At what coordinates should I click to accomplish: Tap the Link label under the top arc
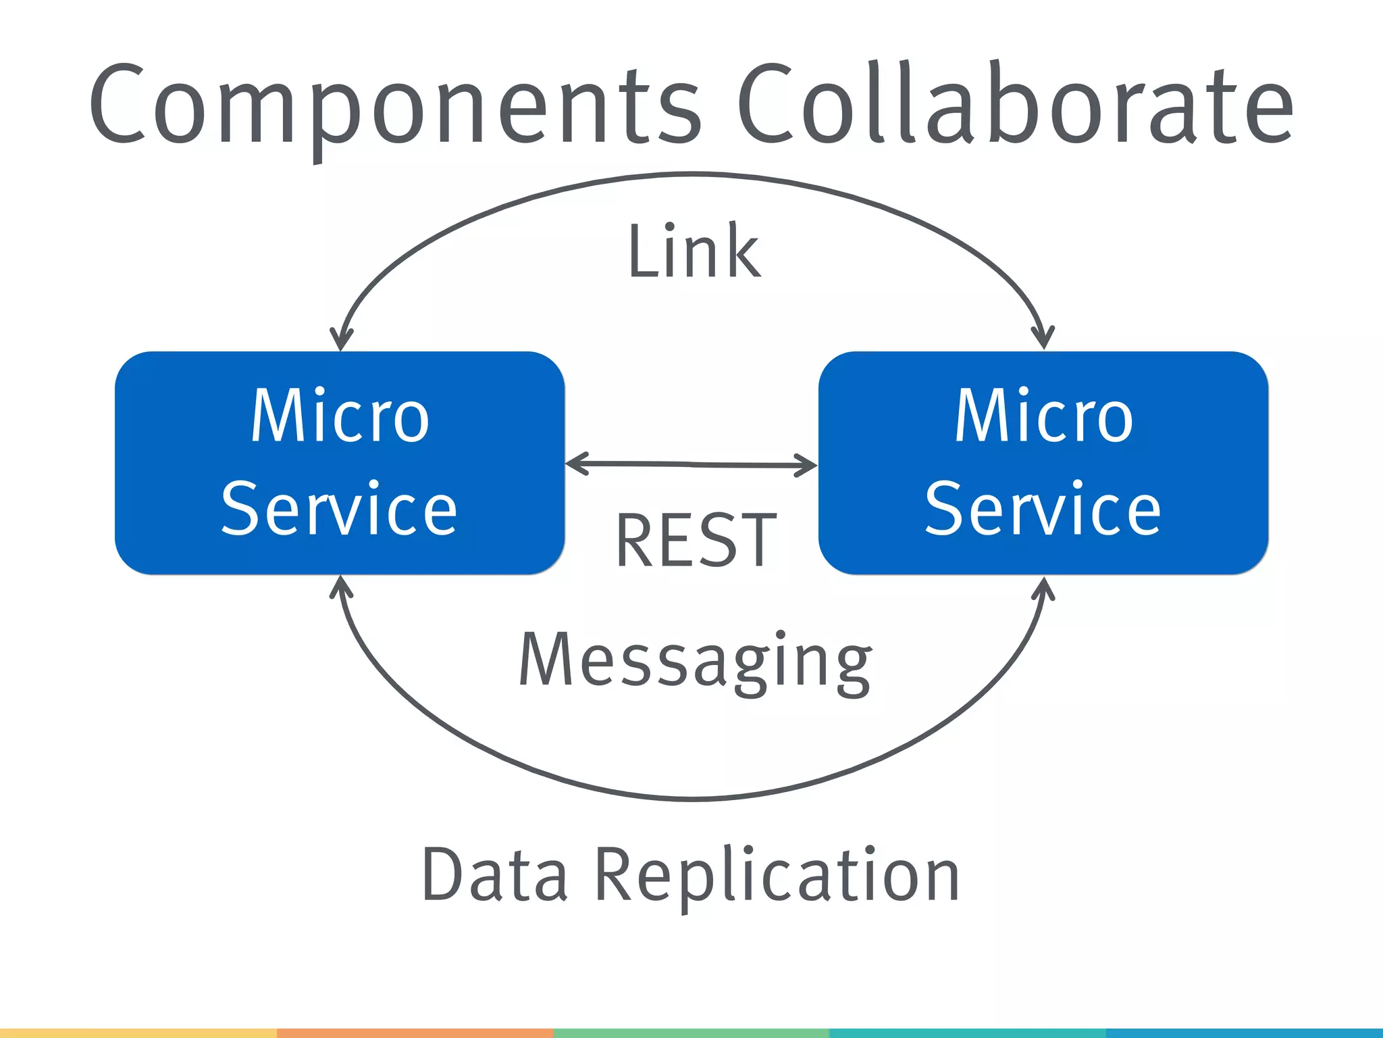click(694, 251)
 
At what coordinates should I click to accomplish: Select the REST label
click(696, 541)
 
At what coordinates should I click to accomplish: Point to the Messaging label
click(696, 661)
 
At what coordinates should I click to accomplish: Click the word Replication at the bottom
click(777, 875)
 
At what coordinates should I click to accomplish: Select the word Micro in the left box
click(340, 416)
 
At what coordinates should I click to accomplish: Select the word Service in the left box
click(340, 508)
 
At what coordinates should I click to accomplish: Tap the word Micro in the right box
click(1044, 416)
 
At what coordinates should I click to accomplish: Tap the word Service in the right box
click(1043, 508)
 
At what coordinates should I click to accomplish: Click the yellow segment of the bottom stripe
click(138, 1033)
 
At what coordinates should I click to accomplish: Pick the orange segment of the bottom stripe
click(415, 1033)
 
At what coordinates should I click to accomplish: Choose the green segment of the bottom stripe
click(691, 1033)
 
